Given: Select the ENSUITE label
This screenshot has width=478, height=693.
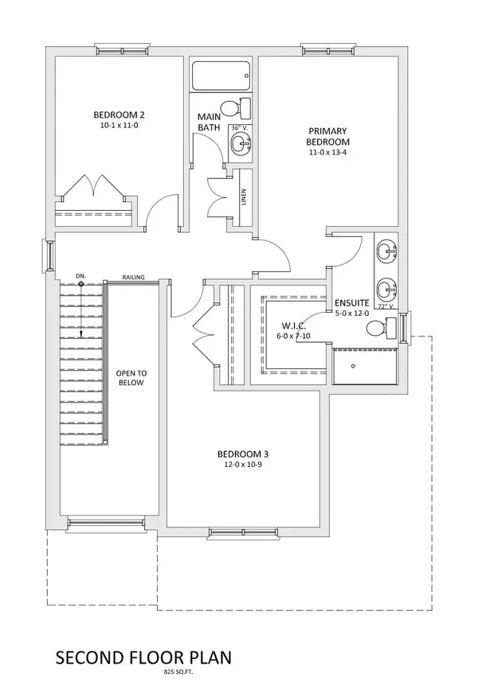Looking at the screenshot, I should (351, 302).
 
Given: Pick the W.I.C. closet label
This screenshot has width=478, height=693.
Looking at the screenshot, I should (294, 326).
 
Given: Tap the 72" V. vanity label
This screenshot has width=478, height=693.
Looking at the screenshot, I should (386, 306).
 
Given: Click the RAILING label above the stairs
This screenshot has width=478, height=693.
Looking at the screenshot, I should (132, 278).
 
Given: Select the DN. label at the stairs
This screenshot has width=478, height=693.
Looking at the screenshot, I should (80, 276).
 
